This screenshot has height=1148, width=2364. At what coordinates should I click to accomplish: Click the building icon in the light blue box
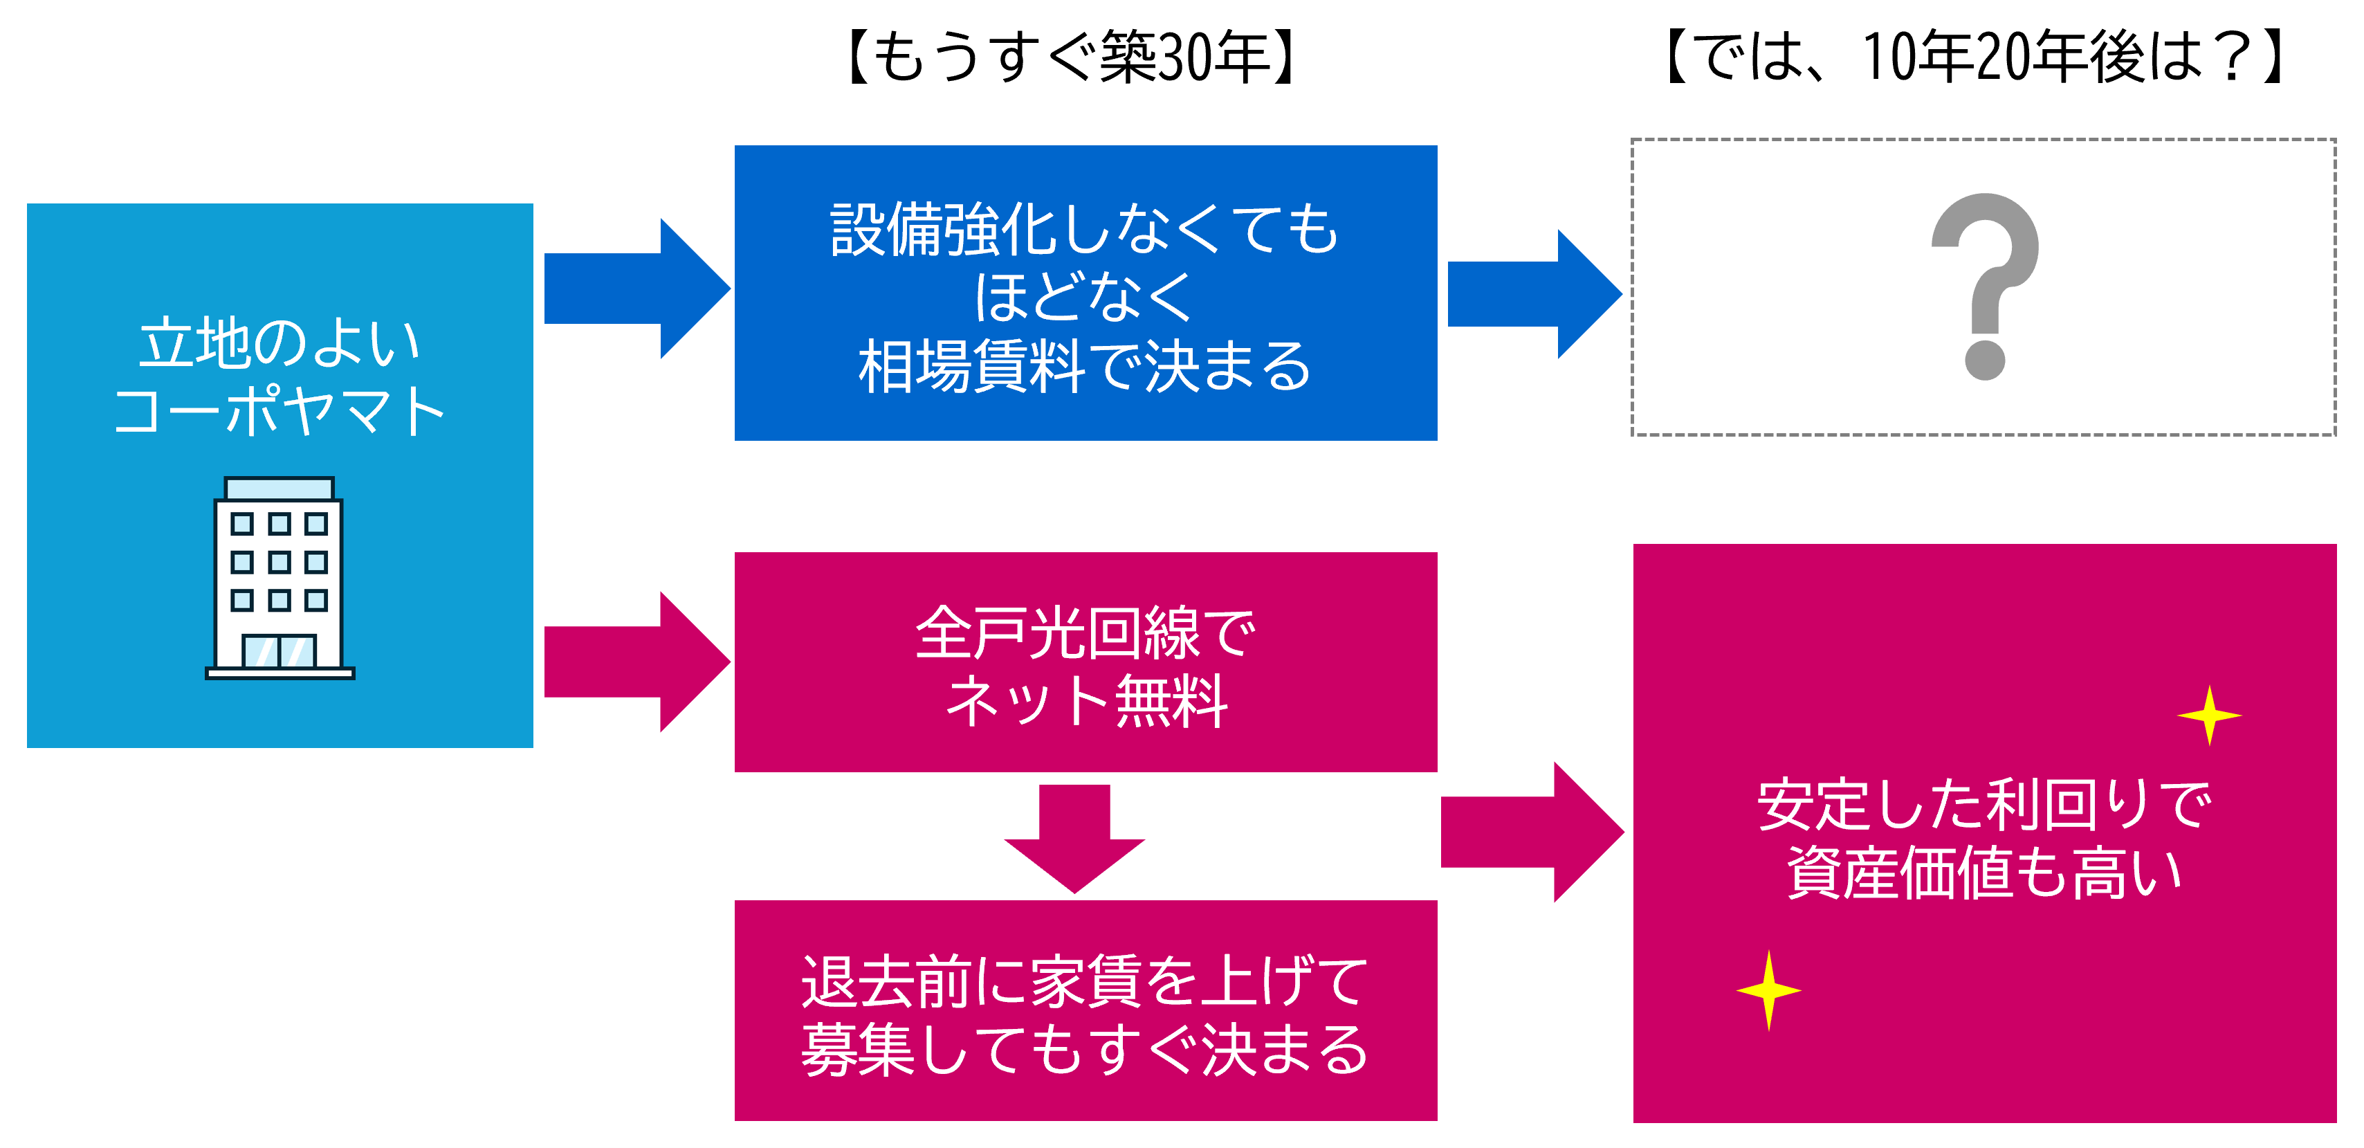[x=279, y=578]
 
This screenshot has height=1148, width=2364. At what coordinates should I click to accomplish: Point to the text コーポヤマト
[x=279, y=410]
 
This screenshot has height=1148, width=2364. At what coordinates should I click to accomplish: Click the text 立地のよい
[x=279, y=343]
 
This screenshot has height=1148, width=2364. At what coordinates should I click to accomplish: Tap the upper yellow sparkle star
[x=2209, y=715]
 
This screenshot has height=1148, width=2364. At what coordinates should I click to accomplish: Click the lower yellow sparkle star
[x=1768, y=990]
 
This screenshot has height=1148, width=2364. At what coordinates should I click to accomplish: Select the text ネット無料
[x=1085, y=701]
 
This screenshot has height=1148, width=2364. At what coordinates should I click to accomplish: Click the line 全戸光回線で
[x=1085, y=632]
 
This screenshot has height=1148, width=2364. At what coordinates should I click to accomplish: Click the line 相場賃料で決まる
[x=1085, y=365]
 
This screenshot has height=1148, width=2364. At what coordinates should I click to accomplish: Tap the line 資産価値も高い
[x=1984, y=873]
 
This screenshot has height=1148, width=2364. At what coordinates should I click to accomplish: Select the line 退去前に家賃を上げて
[x=1085, y=981]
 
